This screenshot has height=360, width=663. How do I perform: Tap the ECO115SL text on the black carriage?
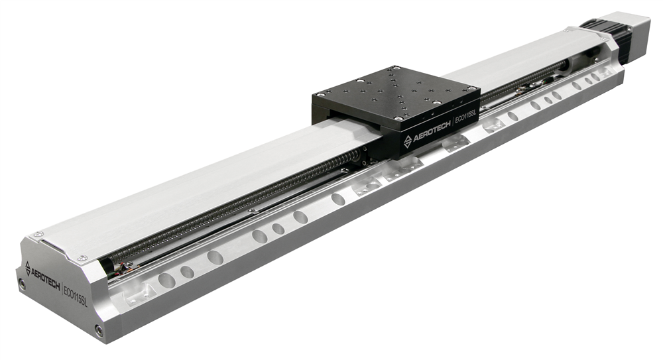coord(465,119)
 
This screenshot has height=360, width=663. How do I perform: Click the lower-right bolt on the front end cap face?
coord(99,330)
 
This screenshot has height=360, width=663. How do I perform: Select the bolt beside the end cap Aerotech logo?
coord(21,284)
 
